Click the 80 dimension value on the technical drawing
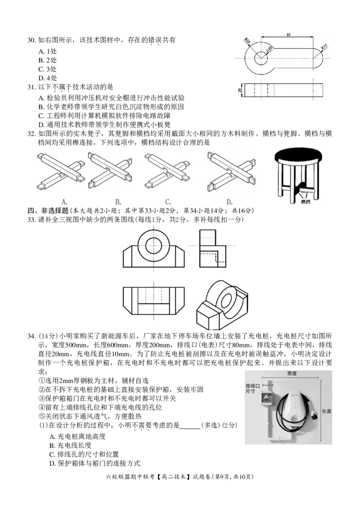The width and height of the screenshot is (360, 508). [288, 35]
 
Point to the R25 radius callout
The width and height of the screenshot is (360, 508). [247, 41]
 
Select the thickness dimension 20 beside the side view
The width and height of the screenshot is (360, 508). [240, 90]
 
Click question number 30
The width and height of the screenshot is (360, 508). [31, 40]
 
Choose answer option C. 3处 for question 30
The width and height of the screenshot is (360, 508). [47, 69]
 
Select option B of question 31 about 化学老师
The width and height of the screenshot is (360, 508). [111, 107]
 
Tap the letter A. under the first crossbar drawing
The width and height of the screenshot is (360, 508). [64, 201]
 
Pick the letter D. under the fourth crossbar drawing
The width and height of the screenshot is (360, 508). [229, 201]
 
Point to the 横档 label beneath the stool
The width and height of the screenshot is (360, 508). [305, 202]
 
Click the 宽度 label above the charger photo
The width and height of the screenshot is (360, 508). [292, 374]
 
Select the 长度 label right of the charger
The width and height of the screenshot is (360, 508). [327, 411]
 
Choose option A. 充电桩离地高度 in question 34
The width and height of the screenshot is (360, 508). [77, 437]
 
